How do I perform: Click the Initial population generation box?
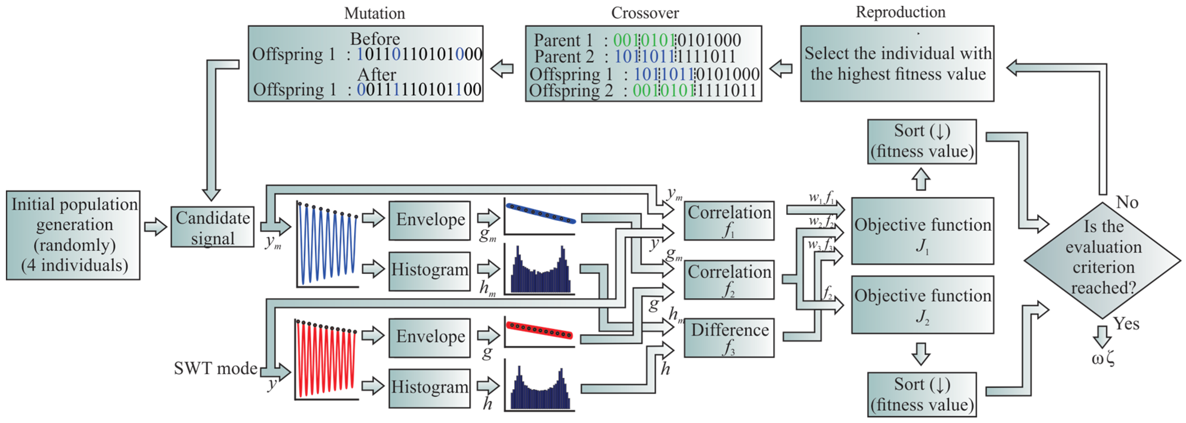point(73,235)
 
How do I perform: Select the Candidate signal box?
point(212,227)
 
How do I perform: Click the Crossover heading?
point(645,13)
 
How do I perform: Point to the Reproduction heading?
point(900,12)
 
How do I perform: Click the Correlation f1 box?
point(729,220)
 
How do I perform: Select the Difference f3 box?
point(729,338)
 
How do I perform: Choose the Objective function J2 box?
point(922,305)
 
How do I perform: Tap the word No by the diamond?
point(1127,202)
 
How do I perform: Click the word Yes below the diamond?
point(1126,324)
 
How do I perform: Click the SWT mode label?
point(215,368)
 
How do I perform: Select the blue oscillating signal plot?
point(327,244)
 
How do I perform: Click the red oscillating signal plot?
point(326,360)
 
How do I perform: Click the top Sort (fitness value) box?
point(922,141)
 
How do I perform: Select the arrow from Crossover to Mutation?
point(502,69)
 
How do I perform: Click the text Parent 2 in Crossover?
point(564,57)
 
